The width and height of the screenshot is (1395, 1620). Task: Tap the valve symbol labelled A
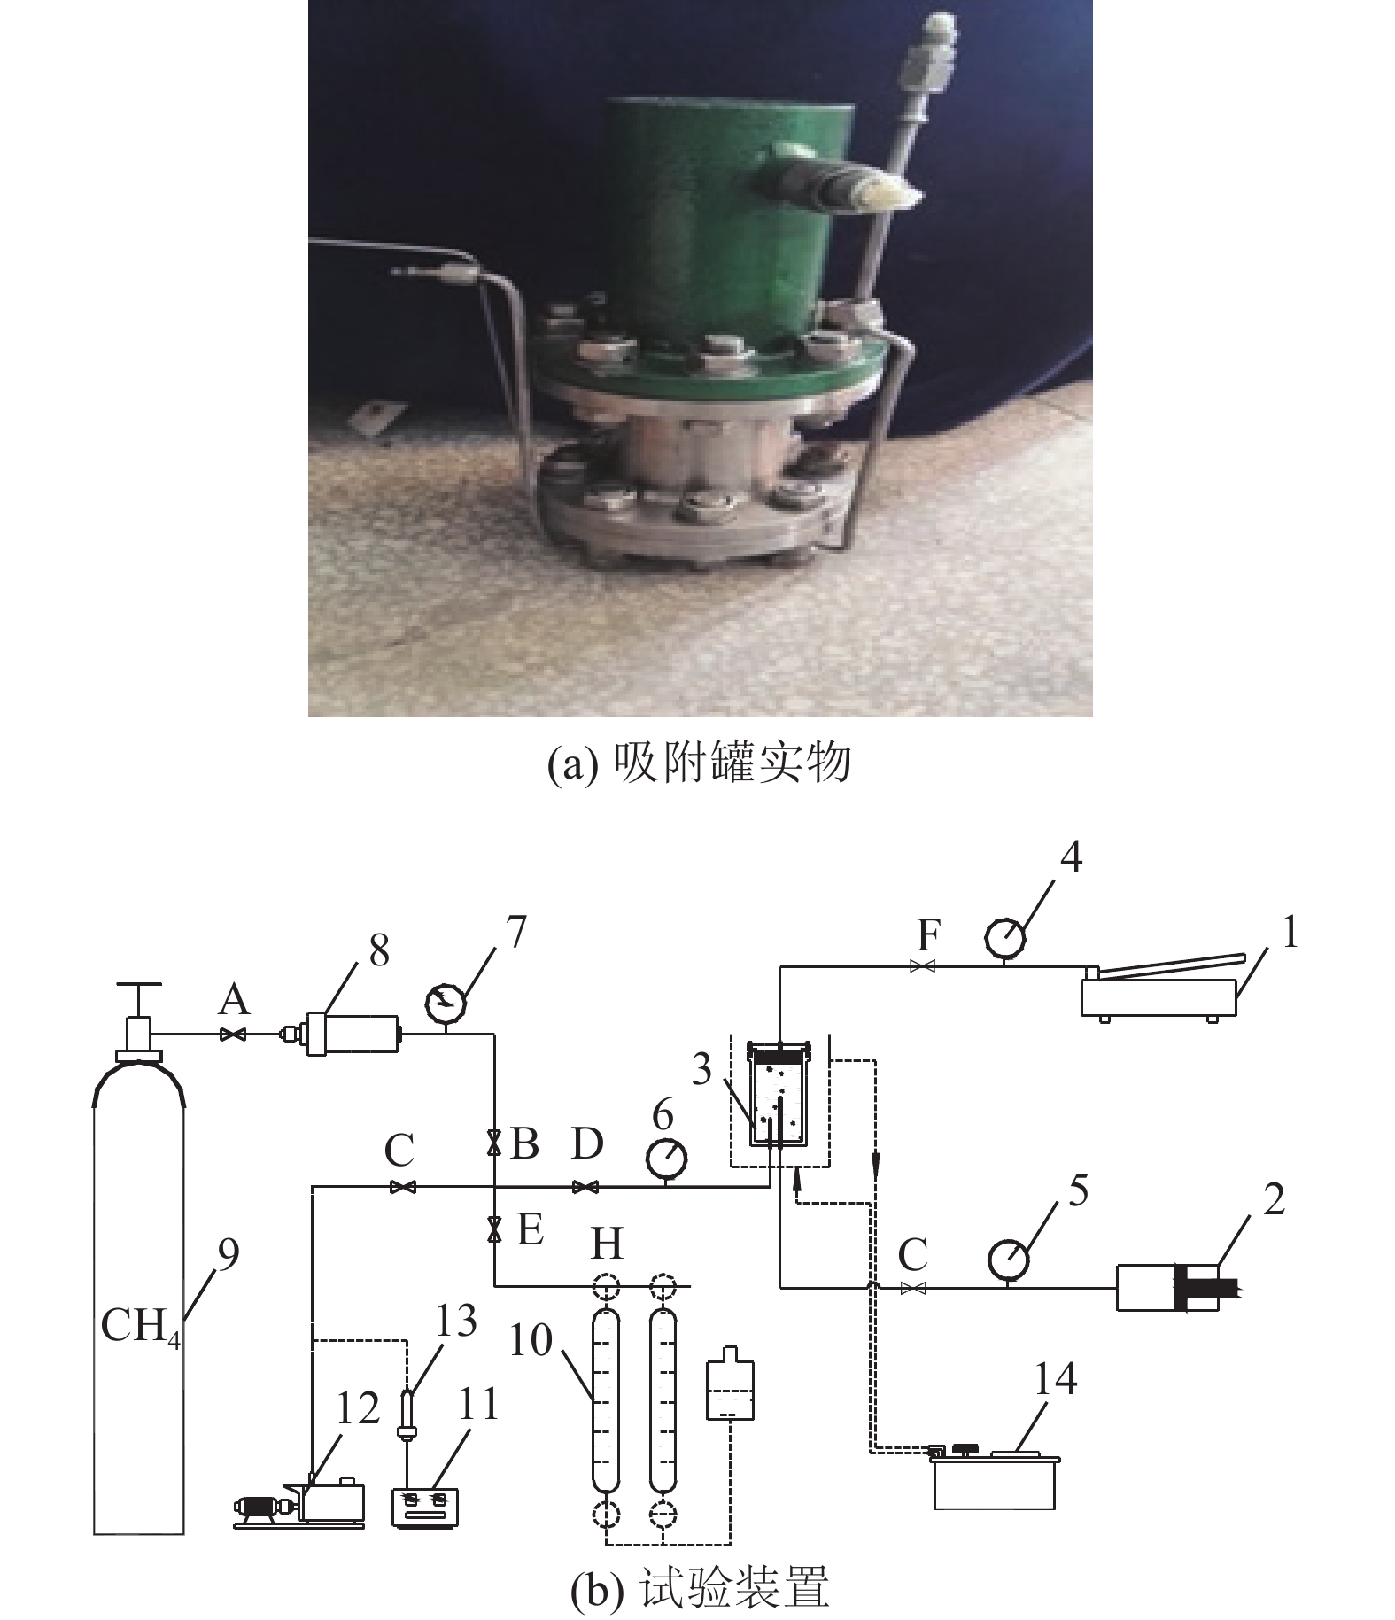234,1034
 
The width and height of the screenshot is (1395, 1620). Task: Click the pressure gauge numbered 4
1005,938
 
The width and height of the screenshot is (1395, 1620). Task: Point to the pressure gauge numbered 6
664,1156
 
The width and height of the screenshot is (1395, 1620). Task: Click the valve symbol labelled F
924,967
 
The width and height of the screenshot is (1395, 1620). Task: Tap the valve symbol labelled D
585,1187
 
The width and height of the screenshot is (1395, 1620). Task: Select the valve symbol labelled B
494,1144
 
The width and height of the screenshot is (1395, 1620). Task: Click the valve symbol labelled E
494,1229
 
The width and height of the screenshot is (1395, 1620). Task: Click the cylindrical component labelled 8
351,1034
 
